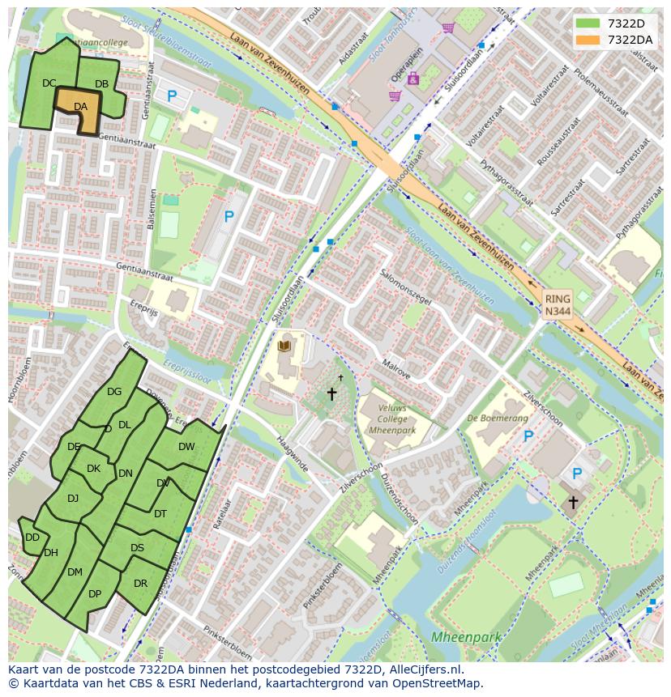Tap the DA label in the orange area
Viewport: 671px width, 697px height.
click(x=80, y=106)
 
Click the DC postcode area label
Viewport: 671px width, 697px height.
click(x=49, y=83)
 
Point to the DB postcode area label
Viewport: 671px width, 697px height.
click(x=101, y=83)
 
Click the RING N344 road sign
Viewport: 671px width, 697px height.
click(x=557, y=304)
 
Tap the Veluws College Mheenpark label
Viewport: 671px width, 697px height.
click(x=391, y=419)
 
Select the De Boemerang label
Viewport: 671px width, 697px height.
click(x=498, y=419)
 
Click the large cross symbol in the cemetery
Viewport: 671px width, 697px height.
click(x=331, y=394)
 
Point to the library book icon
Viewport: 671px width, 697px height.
click(x=284, y=346)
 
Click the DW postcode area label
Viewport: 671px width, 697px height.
click(x=186, y=446)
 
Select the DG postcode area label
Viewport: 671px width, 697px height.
click(x=114, y=392)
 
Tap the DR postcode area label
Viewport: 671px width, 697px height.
click(x=141, y=583)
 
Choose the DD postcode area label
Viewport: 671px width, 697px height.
click(x=32, y=537)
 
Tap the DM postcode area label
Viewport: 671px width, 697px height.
click(x=75, y=572)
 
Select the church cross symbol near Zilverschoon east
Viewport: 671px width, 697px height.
click(x=573, y=502)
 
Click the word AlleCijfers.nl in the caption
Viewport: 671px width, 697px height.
click(x=425, y=669)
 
